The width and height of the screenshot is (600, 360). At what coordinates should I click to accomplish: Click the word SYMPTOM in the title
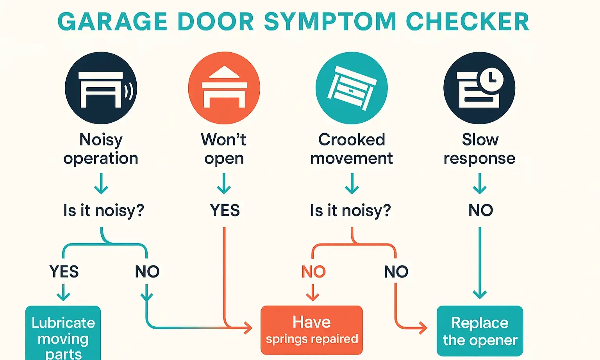(x=330, y=21)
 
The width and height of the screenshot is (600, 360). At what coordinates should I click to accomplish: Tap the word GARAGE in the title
(x=112, y=21)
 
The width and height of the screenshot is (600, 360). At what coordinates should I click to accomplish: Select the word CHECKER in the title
(x=468, y=21)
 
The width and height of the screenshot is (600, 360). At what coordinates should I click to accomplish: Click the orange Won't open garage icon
(x=224, y=88)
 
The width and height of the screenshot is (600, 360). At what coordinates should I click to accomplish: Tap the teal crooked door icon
(x=352, y=88)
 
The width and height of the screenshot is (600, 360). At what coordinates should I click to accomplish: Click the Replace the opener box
(x=480, y=331)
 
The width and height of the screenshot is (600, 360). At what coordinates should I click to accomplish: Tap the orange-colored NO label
(x=313, y=272)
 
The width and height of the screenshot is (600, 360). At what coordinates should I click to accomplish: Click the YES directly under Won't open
(x=225, y=210)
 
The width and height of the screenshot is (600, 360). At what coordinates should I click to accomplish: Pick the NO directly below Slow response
(x=480, y=210)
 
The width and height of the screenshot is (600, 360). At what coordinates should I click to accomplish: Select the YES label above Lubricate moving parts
(x=64, y=272)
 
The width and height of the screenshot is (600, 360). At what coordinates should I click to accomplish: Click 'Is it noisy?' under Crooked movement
(x=350, y=210)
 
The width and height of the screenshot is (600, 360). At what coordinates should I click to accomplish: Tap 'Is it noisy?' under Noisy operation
(x=104, y=210)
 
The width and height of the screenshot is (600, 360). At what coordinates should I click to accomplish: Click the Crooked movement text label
(x=352, y=149)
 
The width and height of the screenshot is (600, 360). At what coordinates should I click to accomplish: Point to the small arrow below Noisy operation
(x=101, y=184)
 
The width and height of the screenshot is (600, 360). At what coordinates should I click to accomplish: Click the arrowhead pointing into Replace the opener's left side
(x=423, y=328)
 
